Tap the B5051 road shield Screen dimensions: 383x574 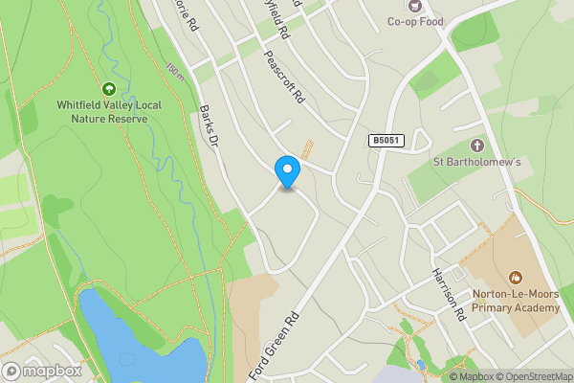(x=386, y=141)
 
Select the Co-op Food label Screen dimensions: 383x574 (x=416, y=21)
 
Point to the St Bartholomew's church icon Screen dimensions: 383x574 (x=477, y=145)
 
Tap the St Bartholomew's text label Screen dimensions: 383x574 (x=477, y=161)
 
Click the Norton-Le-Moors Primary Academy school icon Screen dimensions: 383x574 (x=515, y=278)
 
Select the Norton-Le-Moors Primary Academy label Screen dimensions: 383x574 (x=515, y=301)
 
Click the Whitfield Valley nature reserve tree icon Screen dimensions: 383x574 (x=108, y=89)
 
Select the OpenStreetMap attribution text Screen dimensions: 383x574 (x=531, y=376)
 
